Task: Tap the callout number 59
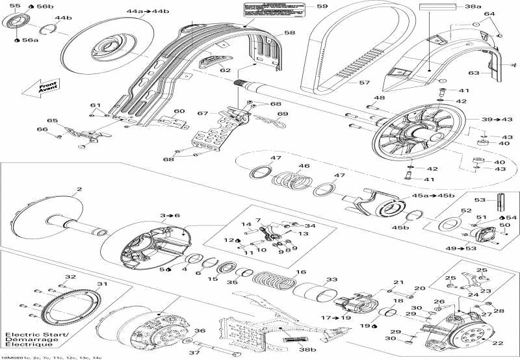[x=322, y=6]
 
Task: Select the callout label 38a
[x=473, y=6]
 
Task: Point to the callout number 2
[x=79, y=190]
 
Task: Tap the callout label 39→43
[x=493, y=120]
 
